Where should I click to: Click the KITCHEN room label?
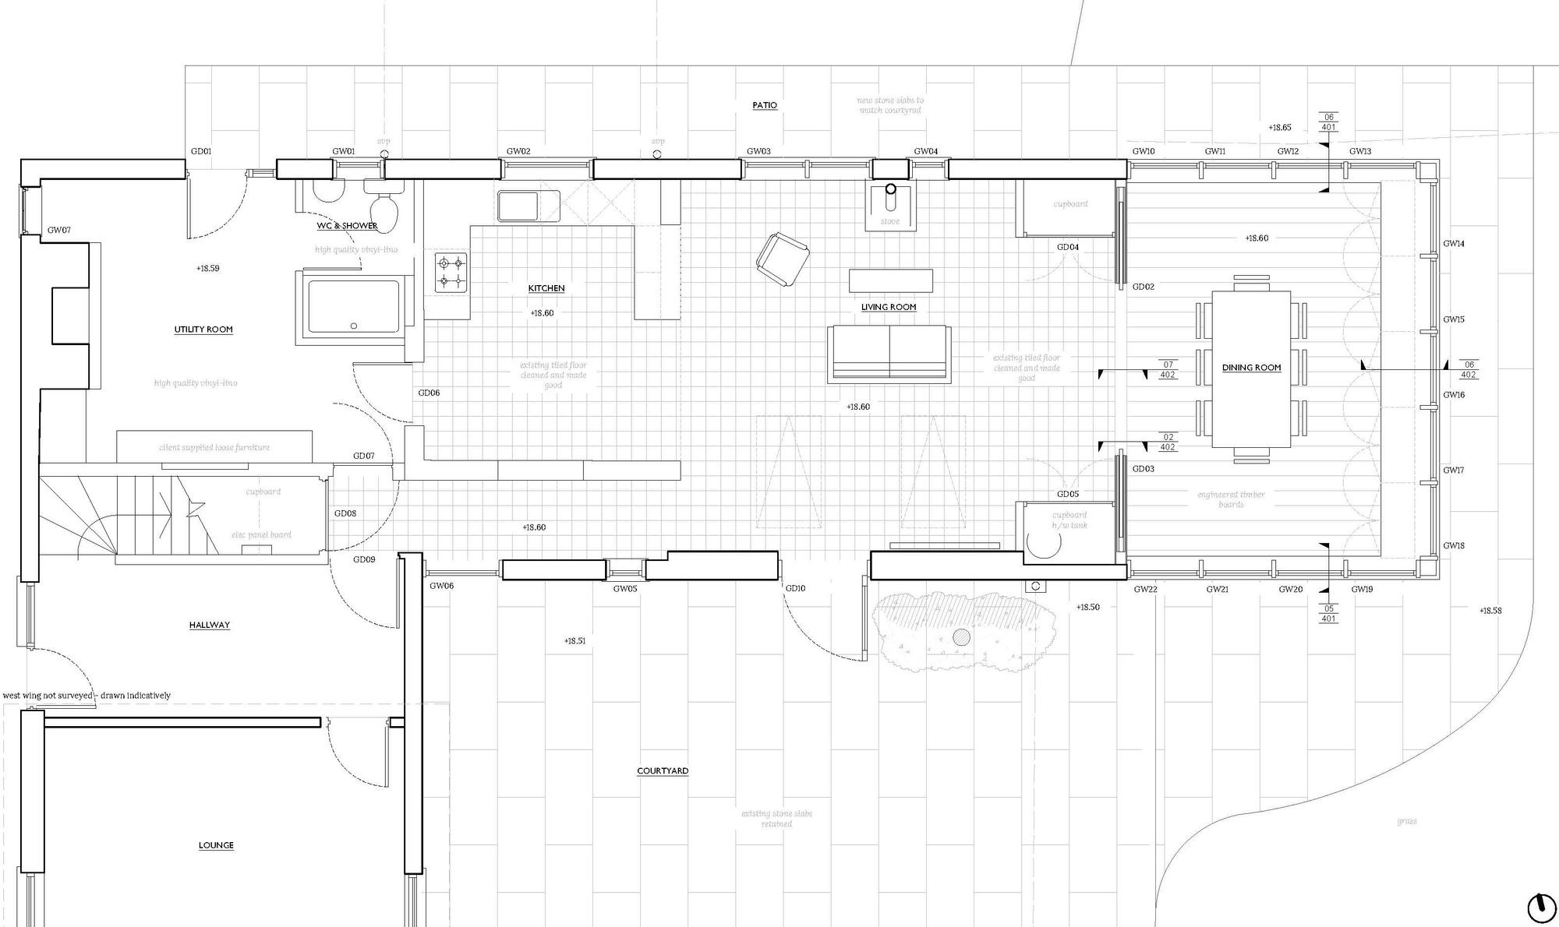(546, 288)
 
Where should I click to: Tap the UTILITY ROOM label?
(203, 330)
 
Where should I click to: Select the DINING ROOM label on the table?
(1251, 368)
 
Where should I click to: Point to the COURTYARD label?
(663, 771)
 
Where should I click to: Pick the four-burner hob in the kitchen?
(451, 272)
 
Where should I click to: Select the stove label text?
(889, 221)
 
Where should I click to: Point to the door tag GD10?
(795, 588)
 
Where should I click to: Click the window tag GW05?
(624, 589)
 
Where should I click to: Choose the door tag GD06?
(429, 393)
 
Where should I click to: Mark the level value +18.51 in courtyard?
(574, 641)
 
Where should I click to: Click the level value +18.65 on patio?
(1279, 127)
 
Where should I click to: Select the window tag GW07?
(59, 230)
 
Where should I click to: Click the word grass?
(1407, 821)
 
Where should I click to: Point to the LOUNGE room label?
(216, 845)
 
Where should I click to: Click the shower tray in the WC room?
(353, 307)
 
